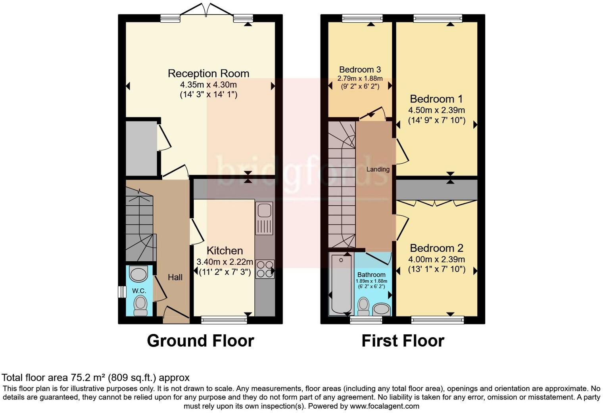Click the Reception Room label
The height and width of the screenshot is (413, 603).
pyautogui.click(x=208, y=73)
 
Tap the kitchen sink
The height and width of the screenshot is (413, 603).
pyautogui.click(x=264, y=218)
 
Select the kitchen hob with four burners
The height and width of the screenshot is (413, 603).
pyautogui.click(x=264, y=269)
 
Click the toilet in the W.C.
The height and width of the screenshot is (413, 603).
pyautogui.click(x=140, y=305)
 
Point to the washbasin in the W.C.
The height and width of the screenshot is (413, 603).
pyautogui.click(x=138, y=274)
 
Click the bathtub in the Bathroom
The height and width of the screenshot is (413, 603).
pyautogui.click(x=341, y=284)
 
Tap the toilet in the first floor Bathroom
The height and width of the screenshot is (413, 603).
pyautogui.click(x=363, y=306)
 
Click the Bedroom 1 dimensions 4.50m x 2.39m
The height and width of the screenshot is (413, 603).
pyautogui.click(x=436, y=110)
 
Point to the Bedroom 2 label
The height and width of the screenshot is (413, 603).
pyautogui.click(x=436, y=248)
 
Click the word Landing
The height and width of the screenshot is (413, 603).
pyautogui.click(x=378, y=169)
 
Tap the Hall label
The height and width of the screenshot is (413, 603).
pyautogui.click(x=175, y=277)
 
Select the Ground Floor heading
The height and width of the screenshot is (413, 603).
pyautogui.click(x=200, y=341)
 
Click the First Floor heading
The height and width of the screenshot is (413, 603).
pyautogui.click(x=403, y=341)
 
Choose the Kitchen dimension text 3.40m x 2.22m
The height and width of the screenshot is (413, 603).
pyautogui.click(x=225, y=262)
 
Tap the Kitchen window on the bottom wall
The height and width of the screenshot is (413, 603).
pyautogui.click(x=224, y=320)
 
